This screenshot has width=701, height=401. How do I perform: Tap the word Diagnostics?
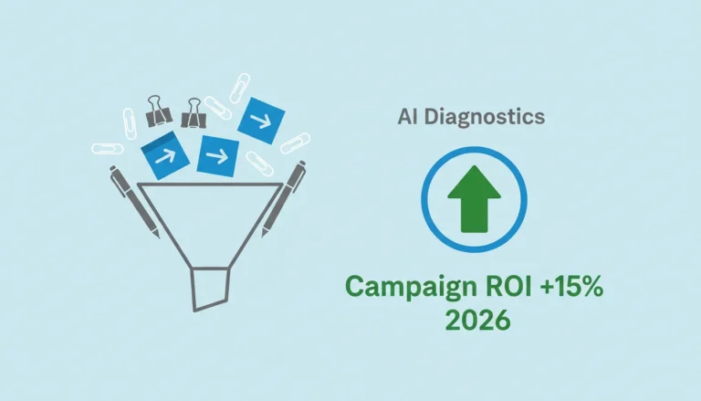(485, 117)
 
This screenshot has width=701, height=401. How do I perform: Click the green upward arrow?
(474, 199)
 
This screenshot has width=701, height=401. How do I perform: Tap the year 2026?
(477, 319)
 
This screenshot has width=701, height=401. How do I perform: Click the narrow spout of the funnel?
(211, 289)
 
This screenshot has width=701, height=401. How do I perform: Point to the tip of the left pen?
(158, 237)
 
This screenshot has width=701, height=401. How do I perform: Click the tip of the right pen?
(263, 236)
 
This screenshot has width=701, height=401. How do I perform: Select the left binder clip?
(158, 111)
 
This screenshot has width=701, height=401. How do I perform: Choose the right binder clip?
(194, 112)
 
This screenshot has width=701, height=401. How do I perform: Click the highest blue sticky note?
(261, 121)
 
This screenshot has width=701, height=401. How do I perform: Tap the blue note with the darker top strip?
(165, 155)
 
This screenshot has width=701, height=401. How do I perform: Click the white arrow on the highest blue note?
(260, 120)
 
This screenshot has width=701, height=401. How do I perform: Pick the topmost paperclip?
(240, 89)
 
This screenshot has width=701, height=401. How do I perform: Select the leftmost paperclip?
(108, 149)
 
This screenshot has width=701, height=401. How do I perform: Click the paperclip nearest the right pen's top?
(295, 143)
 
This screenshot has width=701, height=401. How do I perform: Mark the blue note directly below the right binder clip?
(218, 156)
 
